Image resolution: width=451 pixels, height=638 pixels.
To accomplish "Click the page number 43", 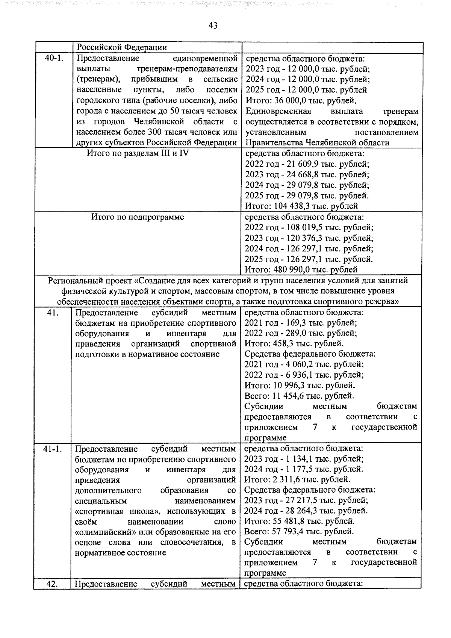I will [x=213, y=26].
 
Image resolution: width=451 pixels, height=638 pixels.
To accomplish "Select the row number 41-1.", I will [x=52, y=449].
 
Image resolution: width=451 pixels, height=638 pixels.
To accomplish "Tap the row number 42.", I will [x=52, y=584].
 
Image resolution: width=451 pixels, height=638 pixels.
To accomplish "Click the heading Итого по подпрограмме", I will [x=138, y=217].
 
